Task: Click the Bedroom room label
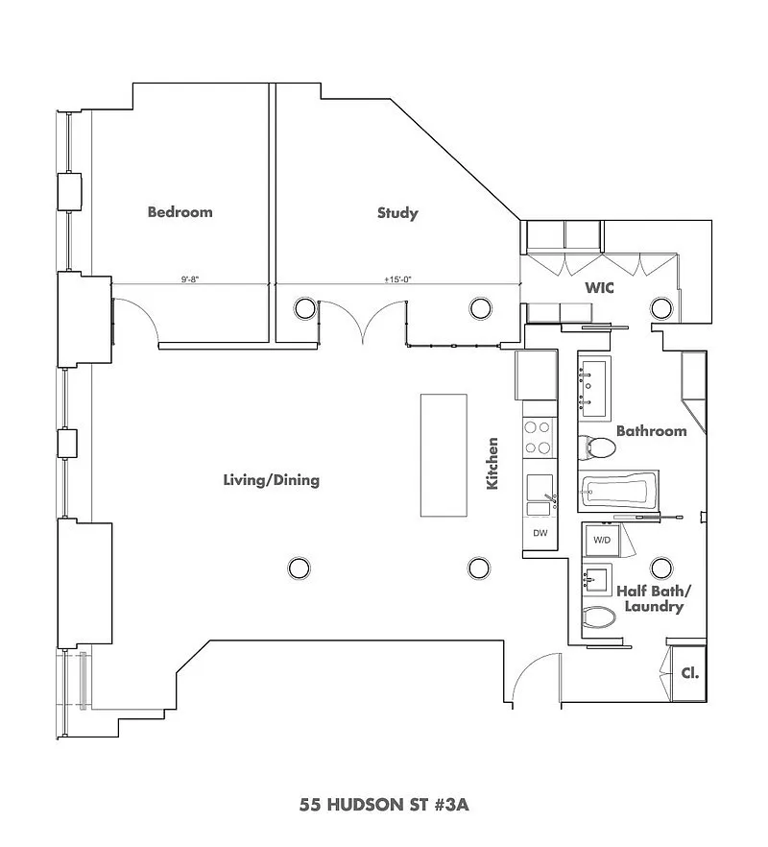click(180, 211)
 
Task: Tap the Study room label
click(397, 213)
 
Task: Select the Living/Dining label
click(271, 480)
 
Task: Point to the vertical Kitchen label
click(492, 464)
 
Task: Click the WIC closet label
click(599, 288)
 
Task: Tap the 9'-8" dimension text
click(190, 279)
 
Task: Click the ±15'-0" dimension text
click(398, 279)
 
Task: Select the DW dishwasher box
click(540, 533)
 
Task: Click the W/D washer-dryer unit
click(602, 540)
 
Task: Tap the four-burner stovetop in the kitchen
click(538, 438)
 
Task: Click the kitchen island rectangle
click(444, 455)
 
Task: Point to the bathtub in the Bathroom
click(619, 491)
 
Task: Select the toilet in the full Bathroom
click(597, 448)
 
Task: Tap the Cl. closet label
click(690, 673)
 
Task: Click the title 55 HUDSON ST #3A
click(384, 805)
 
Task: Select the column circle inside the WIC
click(661, 308)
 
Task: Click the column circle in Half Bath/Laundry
click(661, 569)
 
